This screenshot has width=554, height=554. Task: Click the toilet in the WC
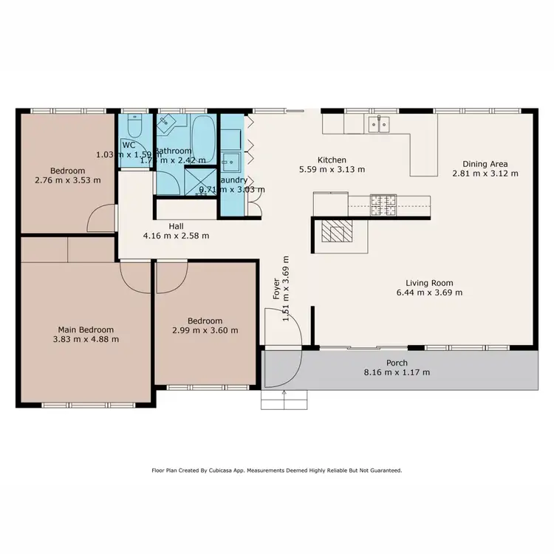click(134, 123)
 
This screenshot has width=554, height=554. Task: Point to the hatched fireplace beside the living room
click(336, 233)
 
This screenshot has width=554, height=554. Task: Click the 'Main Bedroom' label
click(86, 329)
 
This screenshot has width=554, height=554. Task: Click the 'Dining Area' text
click(485, 164)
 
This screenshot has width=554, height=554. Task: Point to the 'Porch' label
click(397, 363)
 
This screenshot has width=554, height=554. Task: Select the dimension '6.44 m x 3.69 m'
click(429, 293)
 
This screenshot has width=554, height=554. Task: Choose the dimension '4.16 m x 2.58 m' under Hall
click(176, 236)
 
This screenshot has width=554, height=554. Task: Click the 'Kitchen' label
click(332, 160)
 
